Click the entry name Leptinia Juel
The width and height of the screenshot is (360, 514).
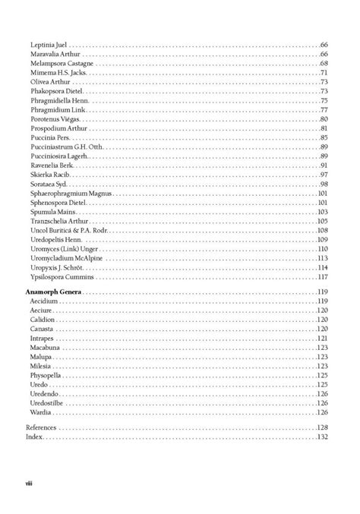(x=49, y=46)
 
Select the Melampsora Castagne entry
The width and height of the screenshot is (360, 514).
(x=62, y=65)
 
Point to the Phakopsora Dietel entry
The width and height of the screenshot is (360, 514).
(x=56, y=92)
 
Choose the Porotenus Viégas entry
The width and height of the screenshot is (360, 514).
(x=55, y=119)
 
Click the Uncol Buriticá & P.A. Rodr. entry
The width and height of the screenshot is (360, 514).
(x=69, y=230)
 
